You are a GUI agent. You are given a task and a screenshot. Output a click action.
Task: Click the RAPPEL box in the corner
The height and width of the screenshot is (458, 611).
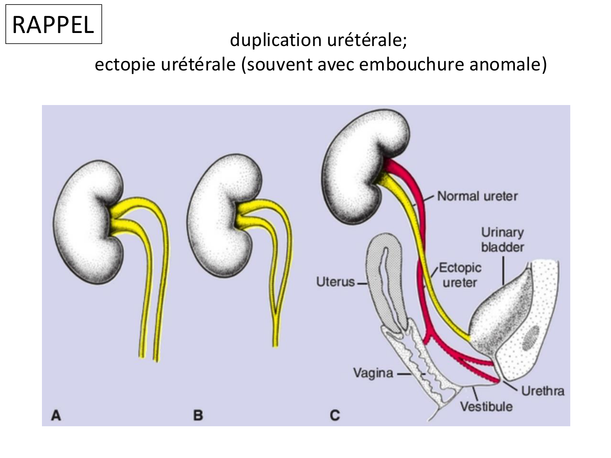53,24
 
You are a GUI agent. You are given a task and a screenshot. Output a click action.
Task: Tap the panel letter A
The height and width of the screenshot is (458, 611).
56,416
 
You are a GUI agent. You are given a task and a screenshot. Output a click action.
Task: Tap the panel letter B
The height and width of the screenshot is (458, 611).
198,416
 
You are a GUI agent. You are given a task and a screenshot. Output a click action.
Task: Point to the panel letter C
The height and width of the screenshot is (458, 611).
334,416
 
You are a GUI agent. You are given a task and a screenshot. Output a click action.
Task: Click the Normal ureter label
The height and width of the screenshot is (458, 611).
477,196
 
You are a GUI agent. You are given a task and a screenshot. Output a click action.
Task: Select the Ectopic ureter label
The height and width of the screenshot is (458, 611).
460,275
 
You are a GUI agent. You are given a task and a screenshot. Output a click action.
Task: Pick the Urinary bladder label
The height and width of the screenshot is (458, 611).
502,240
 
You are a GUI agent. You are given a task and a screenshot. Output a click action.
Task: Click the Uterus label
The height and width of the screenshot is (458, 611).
335,282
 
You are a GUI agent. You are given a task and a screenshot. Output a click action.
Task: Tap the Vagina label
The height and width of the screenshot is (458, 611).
373,373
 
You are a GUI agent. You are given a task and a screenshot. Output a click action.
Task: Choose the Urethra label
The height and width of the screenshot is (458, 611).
543,391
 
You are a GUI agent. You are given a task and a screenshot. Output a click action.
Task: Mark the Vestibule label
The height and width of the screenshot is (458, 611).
486,406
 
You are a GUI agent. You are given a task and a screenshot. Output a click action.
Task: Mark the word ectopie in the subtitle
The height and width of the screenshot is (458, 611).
124,65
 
